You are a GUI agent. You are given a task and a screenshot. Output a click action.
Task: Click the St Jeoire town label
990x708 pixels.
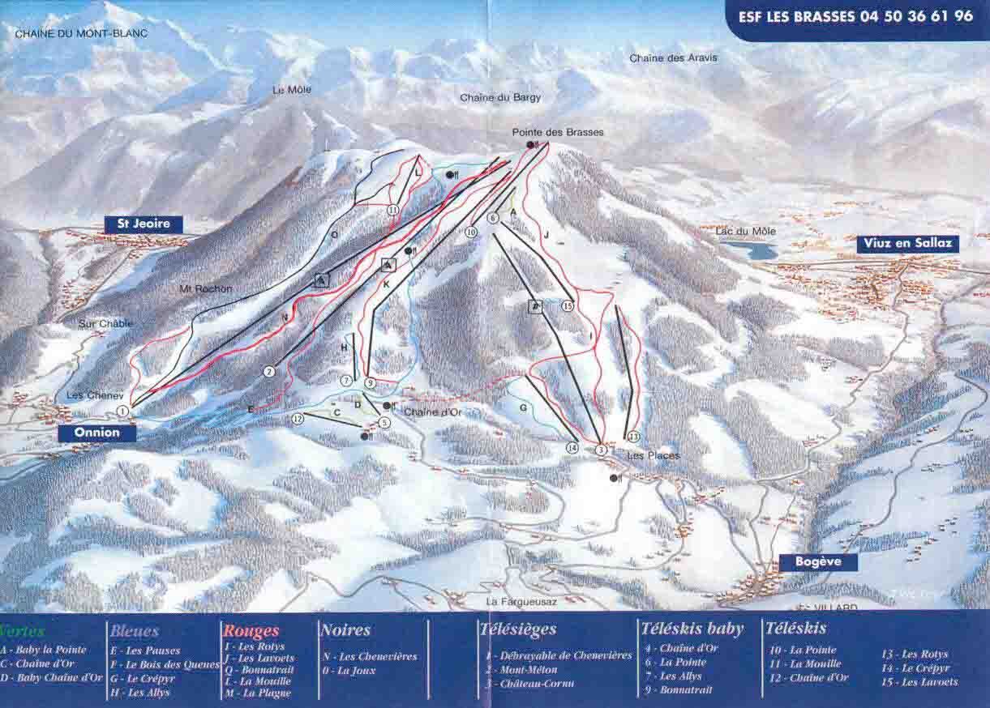143,224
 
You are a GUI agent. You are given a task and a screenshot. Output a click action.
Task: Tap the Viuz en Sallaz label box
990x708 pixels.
908,244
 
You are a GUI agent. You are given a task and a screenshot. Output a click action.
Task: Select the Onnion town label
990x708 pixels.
96,433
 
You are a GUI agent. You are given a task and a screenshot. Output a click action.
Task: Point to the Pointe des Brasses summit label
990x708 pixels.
558,132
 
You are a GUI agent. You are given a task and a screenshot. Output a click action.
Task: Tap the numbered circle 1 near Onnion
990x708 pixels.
122,412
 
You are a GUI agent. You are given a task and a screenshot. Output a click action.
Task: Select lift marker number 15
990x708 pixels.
567,305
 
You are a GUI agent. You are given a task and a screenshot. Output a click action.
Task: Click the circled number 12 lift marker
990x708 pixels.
298,419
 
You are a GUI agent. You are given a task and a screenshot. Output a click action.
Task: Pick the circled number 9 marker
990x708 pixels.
370,382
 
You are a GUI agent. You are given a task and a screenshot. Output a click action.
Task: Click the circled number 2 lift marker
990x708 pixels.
269,372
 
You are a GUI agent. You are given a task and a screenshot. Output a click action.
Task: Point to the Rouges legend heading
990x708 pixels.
251,631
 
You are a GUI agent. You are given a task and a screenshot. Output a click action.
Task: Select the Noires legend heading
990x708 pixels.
345,629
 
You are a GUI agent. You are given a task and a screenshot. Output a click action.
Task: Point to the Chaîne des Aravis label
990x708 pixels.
673,58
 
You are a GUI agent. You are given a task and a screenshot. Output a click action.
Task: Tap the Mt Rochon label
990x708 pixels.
205,289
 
